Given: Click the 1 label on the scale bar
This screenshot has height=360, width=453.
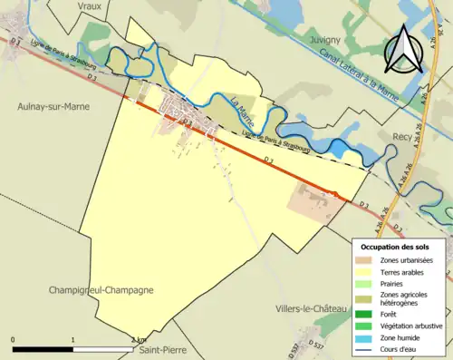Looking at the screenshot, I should [x=73, y=339].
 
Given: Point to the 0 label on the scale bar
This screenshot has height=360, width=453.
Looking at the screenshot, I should [x=14, y=339].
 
